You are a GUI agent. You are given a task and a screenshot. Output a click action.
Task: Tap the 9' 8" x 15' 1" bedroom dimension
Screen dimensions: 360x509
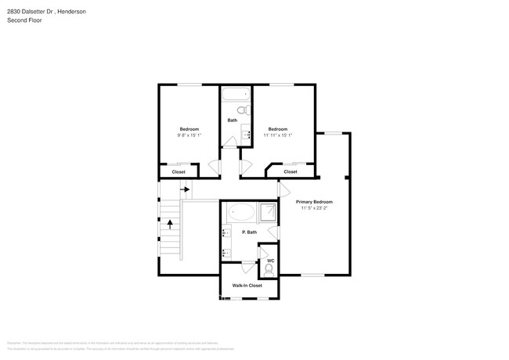189,135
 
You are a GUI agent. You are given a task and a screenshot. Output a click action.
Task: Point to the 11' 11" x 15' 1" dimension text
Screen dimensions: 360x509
278,135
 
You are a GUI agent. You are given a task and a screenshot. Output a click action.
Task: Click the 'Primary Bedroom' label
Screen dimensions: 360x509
314,201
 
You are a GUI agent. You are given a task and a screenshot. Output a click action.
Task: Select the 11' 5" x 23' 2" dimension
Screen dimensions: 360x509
314,209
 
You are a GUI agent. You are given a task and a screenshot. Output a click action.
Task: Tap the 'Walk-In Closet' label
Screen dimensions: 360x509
247,286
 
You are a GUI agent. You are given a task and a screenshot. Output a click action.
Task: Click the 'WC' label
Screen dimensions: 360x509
270,261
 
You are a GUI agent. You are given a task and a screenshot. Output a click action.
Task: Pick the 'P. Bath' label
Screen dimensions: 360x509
249,232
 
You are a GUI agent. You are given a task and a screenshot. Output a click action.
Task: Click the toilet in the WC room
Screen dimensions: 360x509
269,270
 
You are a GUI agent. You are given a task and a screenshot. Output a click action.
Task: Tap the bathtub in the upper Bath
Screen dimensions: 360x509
233,95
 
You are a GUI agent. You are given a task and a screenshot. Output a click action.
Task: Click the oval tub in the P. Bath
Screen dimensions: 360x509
240,212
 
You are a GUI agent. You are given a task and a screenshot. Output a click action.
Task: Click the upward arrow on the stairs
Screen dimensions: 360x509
170,224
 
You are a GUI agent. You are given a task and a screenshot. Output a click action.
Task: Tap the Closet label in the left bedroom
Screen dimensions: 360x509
179,171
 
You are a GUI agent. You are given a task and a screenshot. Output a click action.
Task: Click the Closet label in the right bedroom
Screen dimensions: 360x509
290,171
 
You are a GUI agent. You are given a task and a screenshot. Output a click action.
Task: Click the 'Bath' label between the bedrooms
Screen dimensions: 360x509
233,121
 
